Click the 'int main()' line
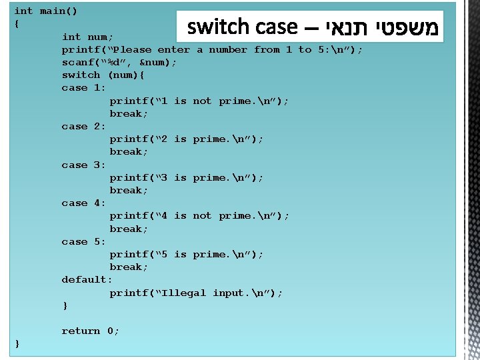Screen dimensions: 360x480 pos(45,11)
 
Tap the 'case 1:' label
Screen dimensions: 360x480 pos(84,87)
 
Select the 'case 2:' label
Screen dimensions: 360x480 pos(84,126)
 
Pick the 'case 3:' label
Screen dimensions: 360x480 pos(84,165)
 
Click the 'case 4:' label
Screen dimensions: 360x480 pos(84,203)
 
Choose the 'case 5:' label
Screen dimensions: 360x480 pos(84,241)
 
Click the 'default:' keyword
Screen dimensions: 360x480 pos(87,279)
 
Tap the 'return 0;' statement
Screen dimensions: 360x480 pos(91,331)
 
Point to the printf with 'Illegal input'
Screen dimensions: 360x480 pos(196,293)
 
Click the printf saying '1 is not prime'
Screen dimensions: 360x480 pos(199,101)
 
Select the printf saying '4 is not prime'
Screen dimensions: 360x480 pos(199,215)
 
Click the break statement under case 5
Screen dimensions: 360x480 pos(129,267)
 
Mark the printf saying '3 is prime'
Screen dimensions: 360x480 pos(187,177)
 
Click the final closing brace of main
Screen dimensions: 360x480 pos(17,343)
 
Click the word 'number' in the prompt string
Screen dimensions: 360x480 pos(228,49)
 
